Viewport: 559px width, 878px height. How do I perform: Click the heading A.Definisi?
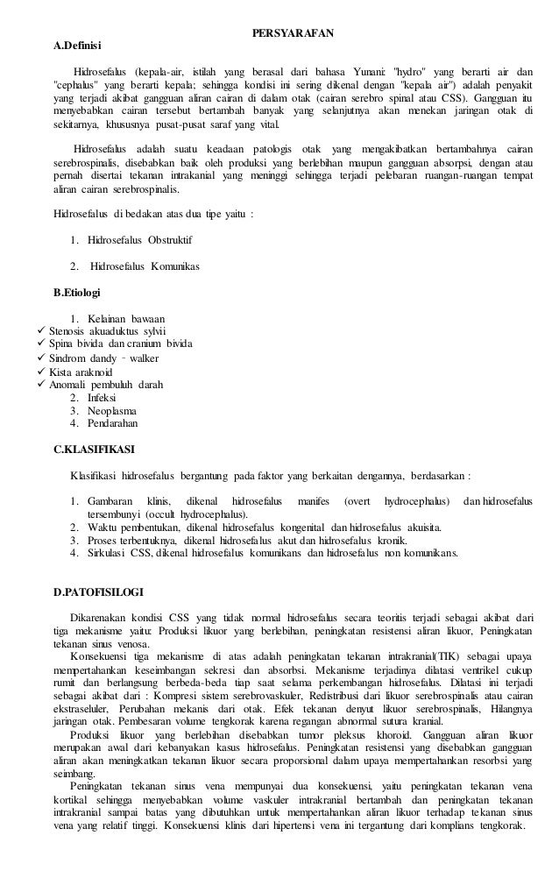[x=78, y=46]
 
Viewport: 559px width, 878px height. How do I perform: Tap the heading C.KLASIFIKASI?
[x=94, y=450]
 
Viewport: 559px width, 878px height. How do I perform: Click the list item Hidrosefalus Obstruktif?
[x=140, y=239]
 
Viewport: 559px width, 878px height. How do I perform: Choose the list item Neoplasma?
[x=112, y=411]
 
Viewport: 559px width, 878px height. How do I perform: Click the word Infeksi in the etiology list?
[x=104, y=398]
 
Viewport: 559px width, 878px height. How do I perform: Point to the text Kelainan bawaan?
[x=126, y=317]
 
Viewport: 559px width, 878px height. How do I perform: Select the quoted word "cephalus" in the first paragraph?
[x=80, y=85]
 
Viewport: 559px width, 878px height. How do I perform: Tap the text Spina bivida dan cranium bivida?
[x=121, y=343]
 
